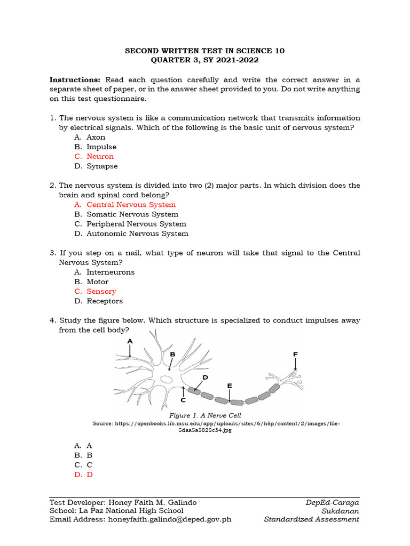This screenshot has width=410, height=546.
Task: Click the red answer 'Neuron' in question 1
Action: (x=100, y=156)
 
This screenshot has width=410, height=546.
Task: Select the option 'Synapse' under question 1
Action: (x=102, y=166)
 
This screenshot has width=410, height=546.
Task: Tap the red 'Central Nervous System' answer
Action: (x=131, y=204)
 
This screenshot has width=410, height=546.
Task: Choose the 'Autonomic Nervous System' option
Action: (x=137, y=233)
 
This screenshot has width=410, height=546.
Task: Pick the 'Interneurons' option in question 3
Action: (x=111, y=272)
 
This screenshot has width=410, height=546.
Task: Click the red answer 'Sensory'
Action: (x=101, y=291)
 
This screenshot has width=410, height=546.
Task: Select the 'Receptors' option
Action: (x=105, y=301)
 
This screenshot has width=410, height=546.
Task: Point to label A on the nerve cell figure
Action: (x=130, y=341)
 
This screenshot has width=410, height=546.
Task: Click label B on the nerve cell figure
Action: (x=172, y=354)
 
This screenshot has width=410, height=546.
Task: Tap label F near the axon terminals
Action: (x=295, y=354)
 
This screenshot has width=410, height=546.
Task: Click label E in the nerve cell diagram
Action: (x=230, y=385)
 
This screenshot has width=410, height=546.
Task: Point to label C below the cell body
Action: (x=183, y=399)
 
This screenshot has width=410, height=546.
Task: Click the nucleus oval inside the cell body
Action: (x=167, y=379)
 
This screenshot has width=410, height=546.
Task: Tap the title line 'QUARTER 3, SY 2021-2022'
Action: (x=205, y=60)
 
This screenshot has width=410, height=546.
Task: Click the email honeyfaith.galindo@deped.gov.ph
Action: (x=170, y=519)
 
